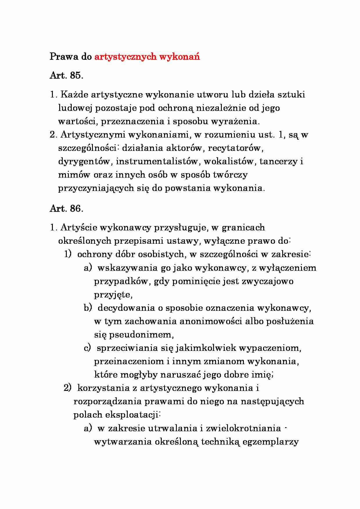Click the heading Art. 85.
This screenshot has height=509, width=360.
tap(66, 75)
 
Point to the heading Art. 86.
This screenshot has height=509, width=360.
tap(66, 208)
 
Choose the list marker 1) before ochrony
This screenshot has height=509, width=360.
tap(68, 254)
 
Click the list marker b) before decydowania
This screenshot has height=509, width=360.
tap(88, 308)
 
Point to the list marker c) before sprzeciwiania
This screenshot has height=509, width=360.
tap(87, 348)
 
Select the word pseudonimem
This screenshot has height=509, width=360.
tap(141, 335)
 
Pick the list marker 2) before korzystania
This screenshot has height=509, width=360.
tap(68, 388)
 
